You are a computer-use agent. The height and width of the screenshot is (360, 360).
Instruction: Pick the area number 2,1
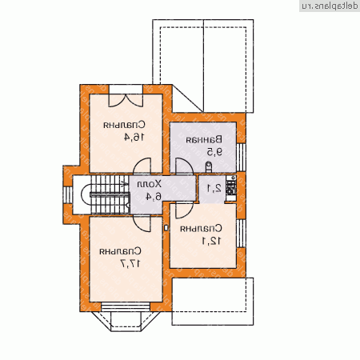[213, 190]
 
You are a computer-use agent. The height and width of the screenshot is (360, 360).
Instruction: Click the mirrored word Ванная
[203, 139]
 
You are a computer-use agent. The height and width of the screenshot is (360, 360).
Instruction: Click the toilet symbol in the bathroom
[209, 166]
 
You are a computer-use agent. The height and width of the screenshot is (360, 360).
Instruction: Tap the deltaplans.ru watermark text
[328, 6]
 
